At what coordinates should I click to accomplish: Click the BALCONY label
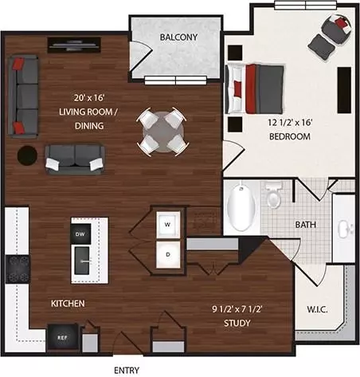pos(178,37)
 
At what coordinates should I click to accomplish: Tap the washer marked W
pos(168,224)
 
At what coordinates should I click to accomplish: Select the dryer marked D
pos(168,254)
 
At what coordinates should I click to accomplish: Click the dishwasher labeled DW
pos(80,234)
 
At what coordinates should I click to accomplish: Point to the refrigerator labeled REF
pos(63,337)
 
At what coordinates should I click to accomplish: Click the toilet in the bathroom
pos(274,194)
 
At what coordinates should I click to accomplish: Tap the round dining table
pos(162,132)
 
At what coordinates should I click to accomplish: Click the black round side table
pos(27,155)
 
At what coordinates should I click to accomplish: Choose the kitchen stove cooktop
pos(18,269)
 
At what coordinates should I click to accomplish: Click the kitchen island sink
pos(82,261)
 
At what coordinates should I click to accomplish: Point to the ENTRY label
pos(127,370)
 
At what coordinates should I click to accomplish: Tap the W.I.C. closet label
pos(317,309)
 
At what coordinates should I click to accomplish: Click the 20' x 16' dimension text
pos(89,98)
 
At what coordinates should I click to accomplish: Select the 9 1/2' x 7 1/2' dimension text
pos(237,309)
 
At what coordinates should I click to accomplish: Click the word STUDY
pos(237,323)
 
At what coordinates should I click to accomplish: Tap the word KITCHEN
pos(68,304)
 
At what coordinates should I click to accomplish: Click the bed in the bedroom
pos(254,88)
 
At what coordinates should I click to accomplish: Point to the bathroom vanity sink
pos(346,229)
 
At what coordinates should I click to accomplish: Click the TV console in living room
pos(74,45)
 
